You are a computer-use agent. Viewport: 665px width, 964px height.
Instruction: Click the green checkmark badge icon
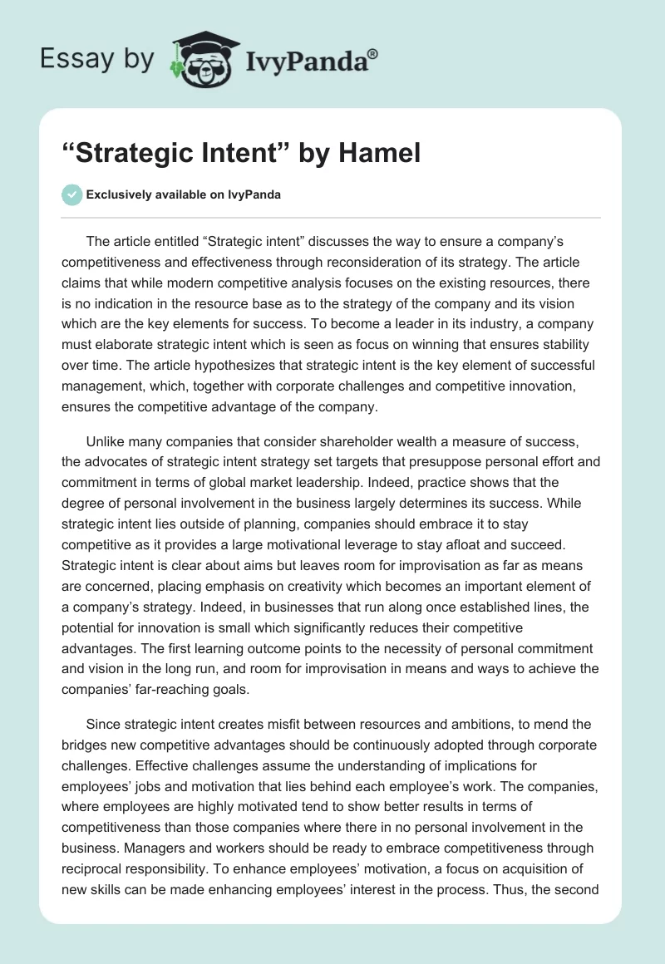click(x=72, y=194)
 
